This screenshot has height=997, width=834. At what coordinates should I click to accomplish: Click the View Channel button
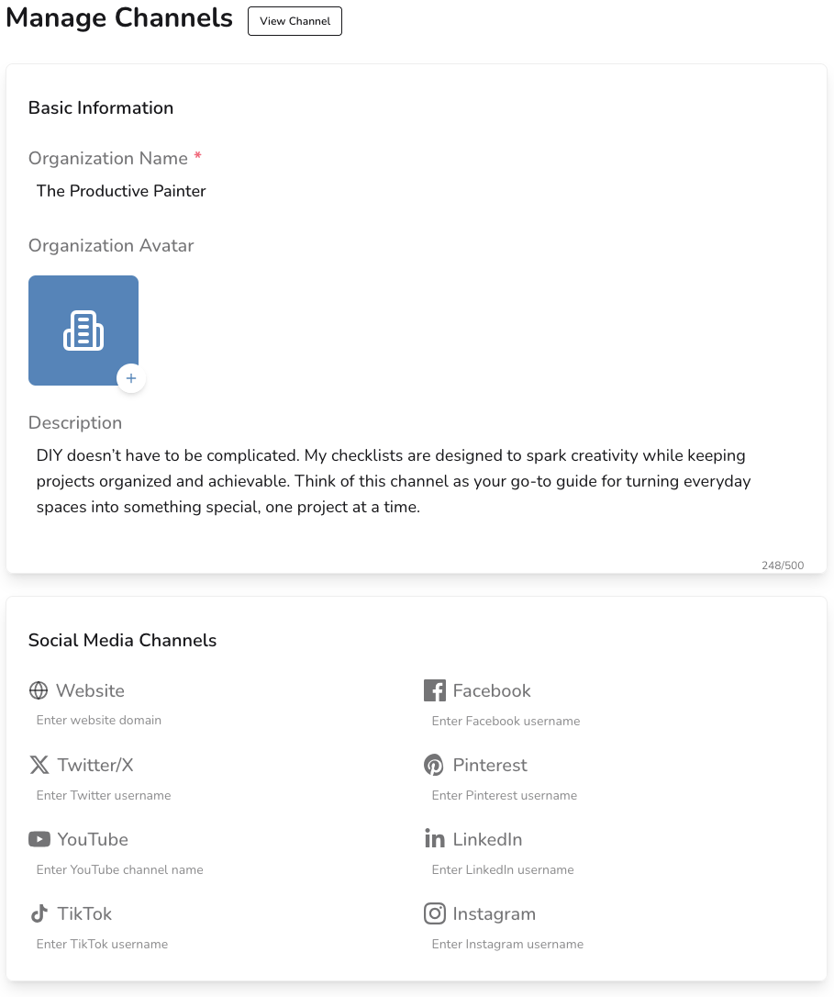click(x=295, y=21)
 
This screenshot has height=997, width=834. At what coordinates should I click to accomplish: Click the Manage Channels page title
click(x=119, y=17)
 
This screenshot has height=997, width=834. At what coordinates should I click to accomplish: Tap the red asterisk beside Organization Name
click(x=197, y=157)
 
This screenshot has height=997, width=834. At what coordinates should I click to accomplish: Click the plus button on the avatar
click(x=131, y=378)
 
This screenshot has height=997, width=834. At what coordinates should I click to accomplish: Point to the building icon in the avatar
click(x=83, y=330)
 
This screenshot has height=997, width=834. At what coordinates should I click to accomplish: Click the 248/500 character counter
click(x=782, y=566)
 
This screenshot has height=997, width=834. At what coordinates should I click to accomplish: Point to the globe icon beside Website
click(x=39, y=690)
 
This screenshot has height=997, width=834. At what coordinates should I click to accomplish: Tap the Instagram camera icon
click(x=434, y=913)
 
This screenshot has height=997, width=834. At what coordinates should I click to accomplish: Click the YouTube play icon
click(x=39, y=839)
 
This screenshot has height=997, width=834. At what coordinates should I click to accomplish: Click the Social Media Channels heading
click(x=122, y=640)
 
